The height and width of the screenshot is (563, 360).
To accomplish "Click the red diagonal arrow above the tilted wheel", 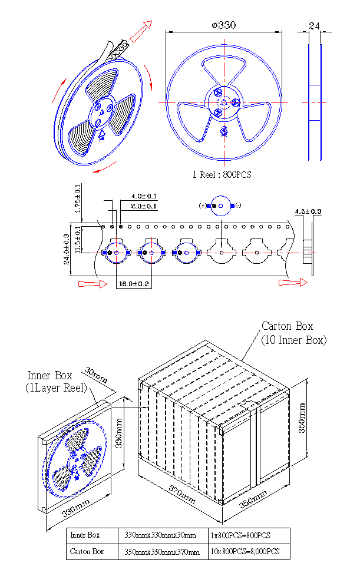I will (x=141, y=32).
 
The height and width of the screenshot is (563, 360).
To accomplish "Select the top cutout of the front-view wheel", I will (x=224, y=66).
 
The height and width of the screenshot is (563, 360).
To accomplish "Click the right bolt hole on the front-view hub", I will (x=235, y=103).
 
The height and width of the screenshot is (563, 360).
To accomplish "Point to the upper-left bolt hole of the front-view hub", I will (x=219, y=93).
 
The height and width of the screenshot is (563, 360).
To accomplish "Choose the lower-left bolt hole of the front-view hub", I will (x=219, y=112).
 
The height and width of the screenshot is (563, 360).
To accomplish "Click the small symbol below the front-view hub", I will (x=224, y=131).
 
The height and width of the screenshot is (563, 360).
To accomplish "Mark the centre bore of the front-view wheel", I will (x=224, y=102).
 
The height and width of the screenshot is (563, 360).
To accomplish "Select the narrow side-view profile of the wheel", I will (x=315, y=102).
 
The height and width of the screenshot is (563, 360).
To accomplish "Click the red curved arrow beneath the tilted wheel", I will (x=104, y=169).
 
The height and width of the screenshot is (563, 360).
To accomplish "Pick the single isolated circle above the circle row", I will (x=221, y=206).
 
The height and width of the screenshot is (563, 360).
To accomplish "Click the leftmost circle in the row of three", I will (x=117, y=253).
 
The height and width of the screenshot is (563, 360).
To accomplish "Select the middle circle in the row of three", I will (x=151, y=253).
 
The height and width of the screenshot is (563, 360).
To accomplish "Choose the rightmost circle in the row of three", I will (x=186, y=253).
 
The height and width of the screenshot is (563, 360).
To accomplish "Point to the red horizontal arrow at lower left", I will (x=93, y=284).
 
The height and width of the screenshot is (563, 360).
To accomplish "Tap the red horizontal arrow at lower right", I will (x=293, y=283).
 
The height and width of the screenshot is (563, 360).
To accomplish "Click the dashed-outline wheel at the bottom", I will (x=75, y=458).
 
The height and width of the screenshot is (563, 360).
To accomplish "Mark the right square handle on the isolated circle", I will (x=233, y=206).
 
